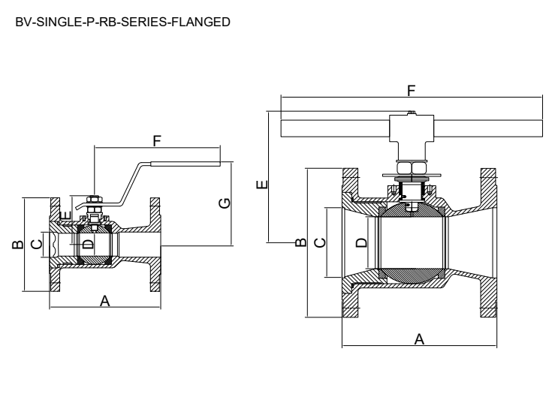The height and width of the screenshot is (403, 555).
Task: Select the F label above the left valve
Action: click(157, 140)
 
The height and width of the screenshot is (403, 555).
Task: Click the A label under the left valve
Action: click(105, 301)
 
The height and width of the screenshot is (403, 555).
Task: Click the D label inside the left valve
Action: click(87, 245)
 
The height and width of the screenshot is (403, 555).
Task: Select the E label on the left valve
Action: click(65, 217)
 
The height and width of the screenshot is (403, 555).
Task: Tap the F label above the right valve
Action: click(410, 90)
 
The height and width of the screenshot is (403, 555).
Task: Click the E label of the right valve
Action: click(261, 184)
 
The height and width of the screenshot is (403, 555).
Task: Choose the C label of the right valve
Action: click(318, 242)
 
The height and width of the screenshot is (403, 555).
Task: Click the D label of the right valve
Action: click(360, 242)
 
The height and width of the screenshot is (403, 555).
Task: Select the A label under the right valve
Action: click(420, 339)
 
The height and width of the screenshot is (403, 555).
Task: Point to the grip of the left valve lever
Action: click(186, 164)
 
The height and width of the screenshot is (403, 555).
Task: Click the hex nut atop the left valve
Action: click(94, 200)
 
